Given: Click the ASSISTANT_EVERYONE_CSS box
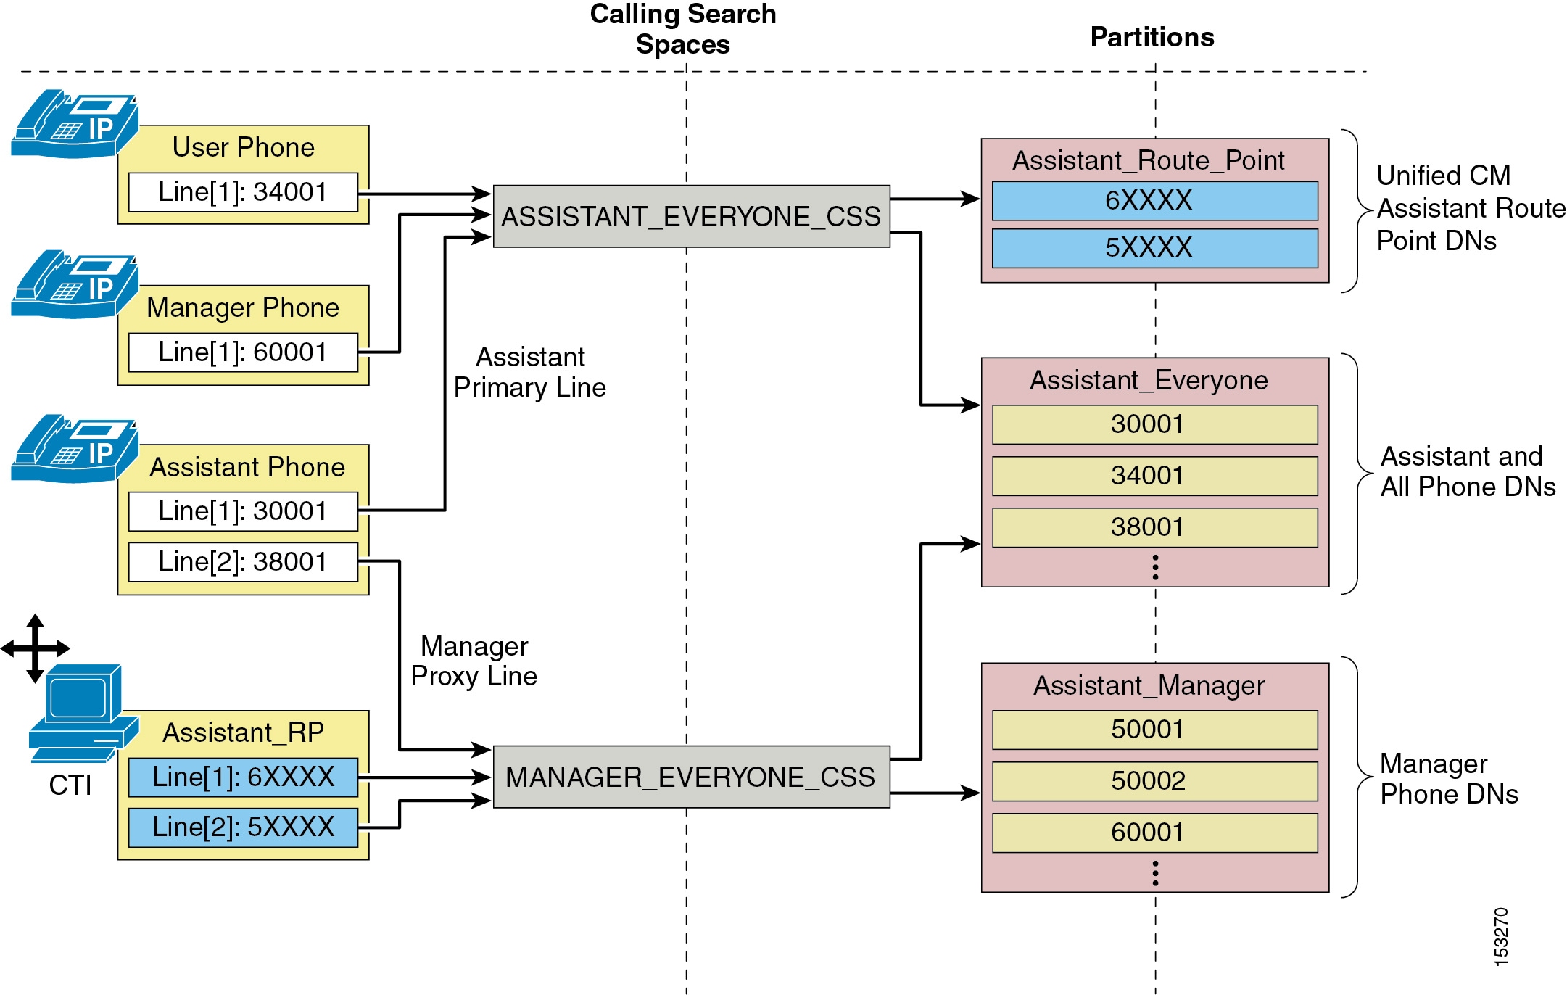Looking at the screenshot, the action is coord(691,216).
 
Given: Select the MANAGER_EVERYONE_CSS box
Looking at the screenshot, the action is coord(691,777).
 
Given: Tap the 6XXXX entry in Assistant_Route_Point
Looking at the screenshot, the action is coord(1154,201).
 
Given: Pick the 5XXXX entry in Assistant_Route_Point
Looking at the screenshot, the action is coord(1154,248).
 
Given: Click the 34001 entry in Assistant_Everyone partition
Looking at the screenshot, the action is coord(1154,476).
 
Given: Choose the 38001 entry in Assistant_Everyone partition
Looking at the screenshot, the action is coord(1154,527).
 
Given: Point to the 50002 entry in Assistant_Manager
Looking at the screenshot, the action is coord(1154,781).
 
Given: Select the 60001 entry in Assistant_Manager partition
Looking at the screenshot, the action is coord(1154,833).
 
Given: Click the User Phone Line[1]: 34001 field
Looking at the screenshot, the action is coord(243,192).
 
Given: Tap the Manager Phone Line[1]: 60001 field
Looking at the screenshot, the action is coord(243,352).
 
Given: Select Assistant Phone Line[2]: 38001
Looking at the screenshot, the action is coord(243,562).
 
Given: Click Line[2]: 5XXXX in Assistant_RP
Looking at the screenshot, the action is coord(243,827).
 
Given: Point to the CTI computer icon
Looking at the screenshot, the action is coord(83,714).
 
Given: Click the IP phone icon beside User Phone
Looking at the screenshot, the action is coord(75,123).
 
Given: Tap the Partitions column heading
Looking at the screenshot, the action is coord(1152,37).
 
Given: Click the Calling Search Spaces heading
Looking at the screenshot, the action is coord(683,29).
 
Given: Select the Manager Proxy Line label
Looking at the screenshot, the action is coord(474,661).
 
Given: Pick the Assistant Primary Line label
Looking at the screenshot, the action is coord(530,372).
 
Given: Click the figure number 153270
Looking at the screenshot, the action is coord(1501,936).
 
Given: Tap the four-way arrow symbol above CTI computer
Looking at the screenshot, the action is coord(35,648).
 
